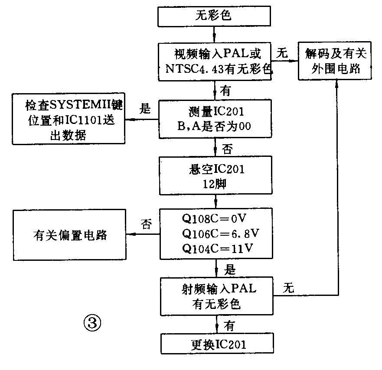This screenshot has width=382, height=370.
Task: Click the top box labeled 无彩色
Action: (215, 16)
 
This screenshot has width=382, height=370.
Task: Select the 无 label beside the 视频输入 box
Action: (282, 54)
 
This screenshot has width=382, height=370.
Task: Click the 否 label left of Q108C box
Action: (147, 224)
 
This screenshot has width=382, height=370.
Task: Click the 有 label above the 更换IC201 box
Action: (229, 325)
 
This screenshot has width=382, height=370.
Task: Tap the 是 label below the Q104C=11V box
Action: (229, 270)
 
